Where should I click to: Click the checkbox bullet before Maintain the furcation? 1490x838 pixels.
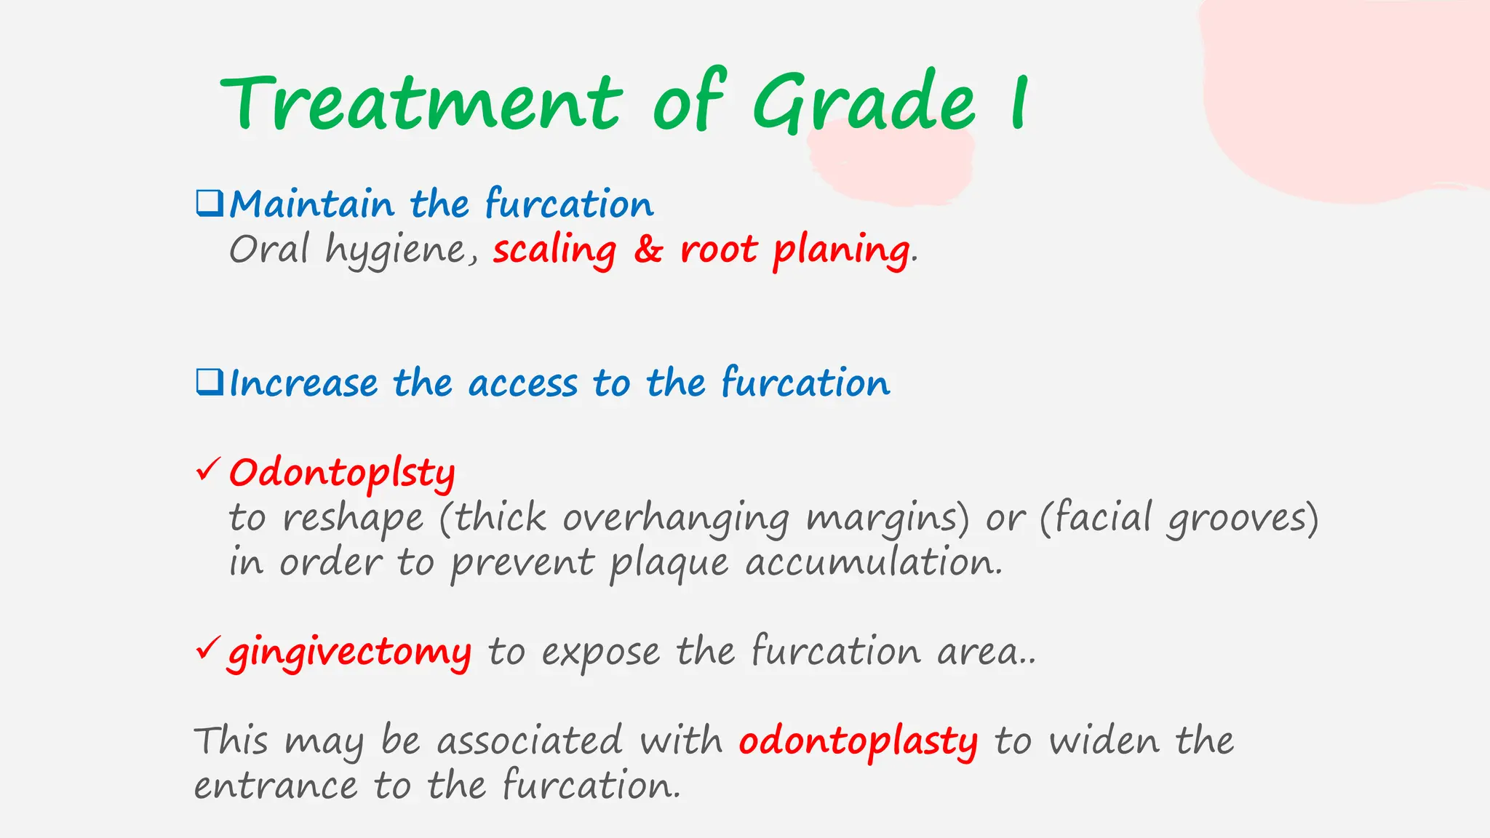(x=210, y=203)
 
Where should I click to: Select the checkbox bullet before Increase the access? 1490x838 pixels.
(x=210, y=382)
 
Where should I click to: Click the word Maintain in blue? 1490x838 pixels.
(x=311, y=204)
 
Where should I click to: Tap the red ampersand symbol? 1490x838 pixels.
(x=648, y=250)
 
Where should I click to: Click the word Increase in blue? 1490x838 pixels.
(x=303, y=383)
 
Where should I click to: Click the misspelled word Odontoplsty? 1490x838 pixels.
(x=342, y=474)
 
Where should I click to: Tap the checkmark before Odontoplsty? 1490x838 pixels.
(x=207, y=470)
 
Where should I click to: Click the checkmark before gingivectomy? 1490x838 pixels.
(x=207, y=647)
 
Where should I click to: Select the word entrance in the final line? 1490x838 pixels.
(x=276, y=786)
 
